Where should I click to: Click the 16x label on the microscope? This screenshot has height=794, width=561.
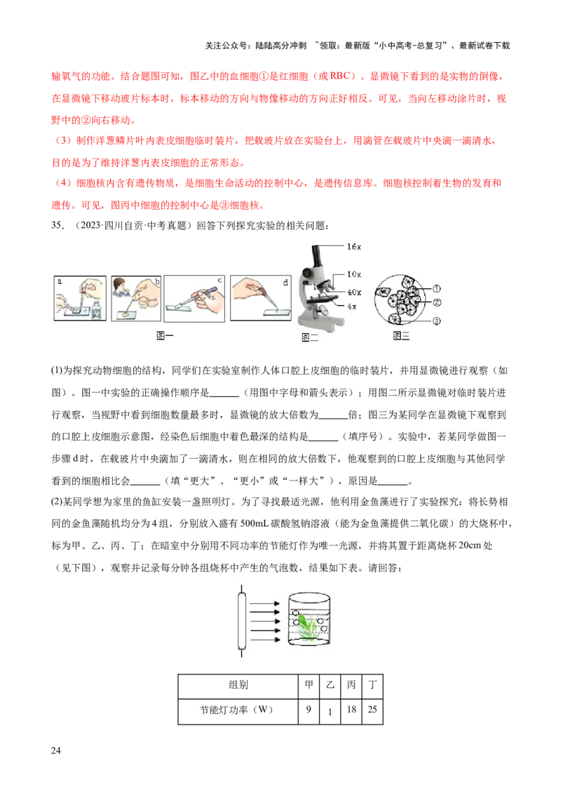click(x=354, y=247)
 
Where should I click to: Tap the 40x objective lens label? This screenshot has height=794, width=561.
click(x=354, y=292)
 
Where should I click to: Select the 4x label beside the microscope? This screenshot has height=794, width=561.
click(x=352, y=307)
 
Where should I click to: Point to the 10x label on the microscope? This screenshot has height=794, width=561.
click(x=354, y=274)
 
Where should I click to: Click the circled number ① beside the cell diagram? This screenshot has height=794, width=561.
click(x=436, y=289)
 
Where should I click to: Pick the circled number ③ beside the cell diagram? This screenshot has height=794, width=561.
click(x=436, y=321)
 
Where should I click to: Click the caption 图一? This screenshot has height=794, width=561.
click(x=165, y=336)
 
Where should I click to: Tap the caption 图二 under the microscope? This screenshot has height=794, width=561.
click(x=310, y=337)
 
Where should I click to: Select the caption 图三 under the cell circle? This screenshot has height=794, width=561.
click(x=401, y=336)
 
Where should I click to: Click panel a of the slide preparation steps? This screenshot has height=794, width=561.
click(x=80, y=298)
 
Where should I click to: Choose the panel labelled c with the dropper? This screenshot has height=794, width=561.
click(x=194, y=298)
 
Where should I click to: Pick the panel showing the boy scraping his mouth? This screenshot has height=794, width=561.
click(x=136, y=298)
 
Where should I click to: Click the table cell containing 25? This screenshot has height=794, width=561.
click(x=372, y=709)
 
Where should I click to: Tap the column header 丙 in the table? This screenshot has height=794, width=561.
click(x=351, y=685)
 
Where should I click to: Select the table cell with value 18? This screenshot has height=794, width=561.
click(x=351, y=709)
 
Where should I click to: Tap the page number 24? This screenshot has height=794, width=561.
click(x=55, y=751)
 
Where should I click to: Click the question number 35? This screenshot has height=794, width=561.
click(x=58, y=225)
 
